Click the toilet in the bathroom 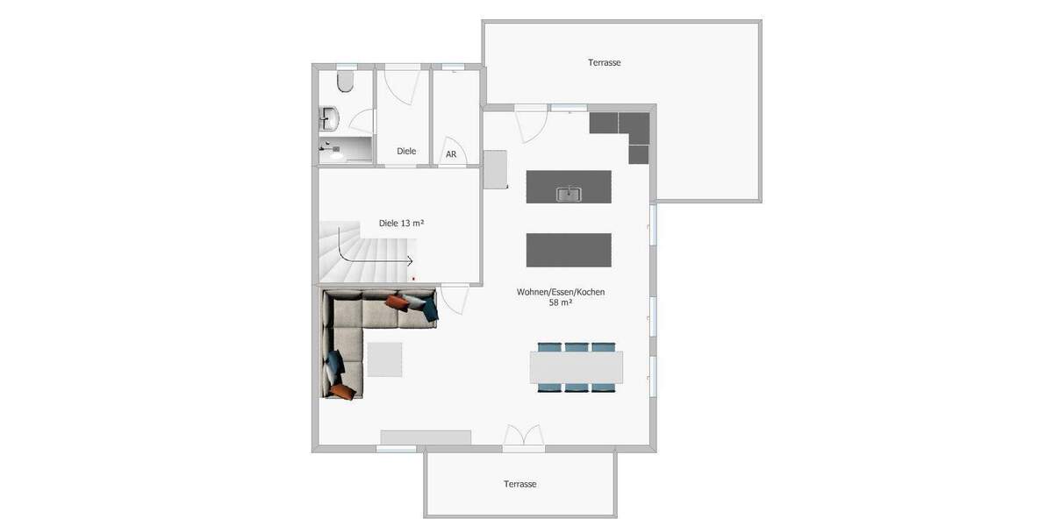tap(345, 82)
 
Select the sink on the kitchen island tap(569, 193)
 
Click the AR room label tap(451, 154)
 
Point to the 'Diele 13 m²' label tap(402, 223)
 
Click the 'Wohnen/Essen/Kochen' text tap(561, 292)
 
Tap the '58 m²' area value tap(561, 302)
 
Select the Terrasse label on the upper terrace tap(605, 62)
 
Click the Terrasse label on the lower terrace tap(519, 484)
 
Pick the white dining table tap(577, 367)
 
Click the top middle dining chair tap(577, 347)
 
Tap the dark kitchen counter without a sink tap(569, 250)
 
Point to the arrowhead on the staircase tap(411, 260)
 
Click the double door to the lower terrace tap(523, 437)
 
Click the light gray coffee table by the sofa tap(384, 359)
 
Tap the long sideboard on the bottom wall tap(426, 437)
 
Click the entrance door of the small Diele tap(402, 85)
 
